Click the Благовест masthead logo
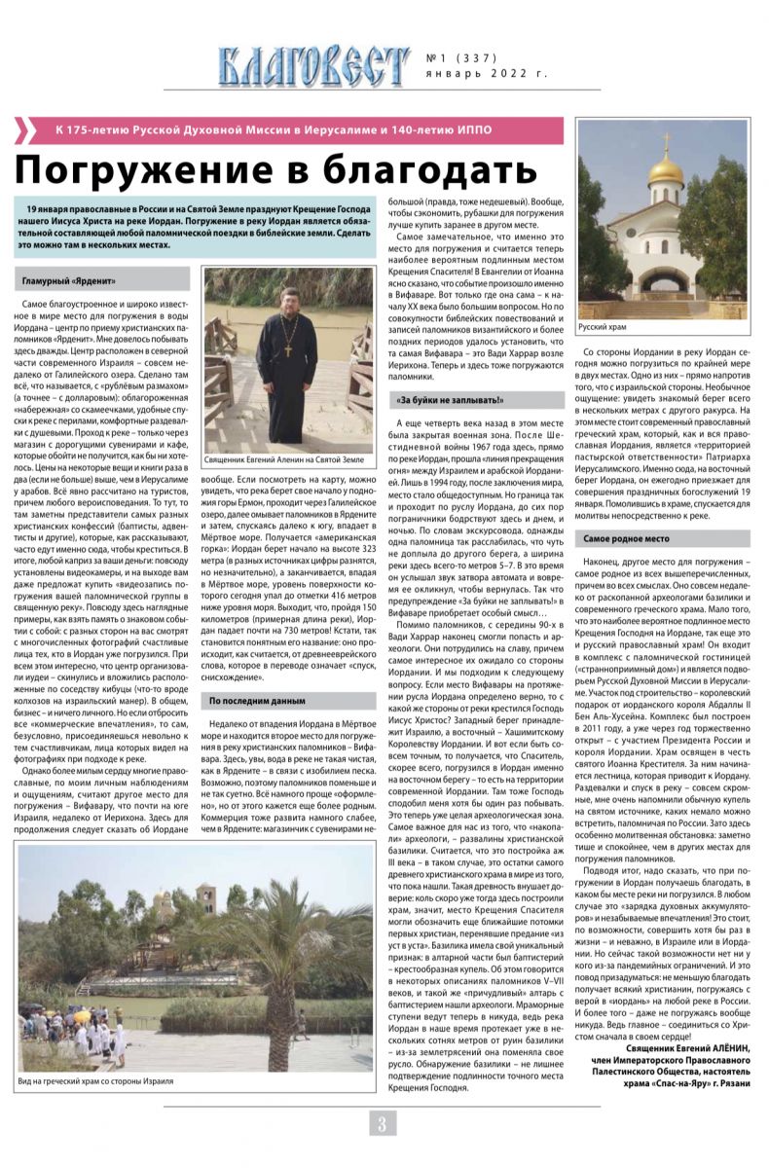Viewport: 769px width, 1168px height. click(x=312, y=65)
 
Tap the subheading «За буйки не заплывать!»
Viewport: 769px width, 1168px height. click(x=450, y=400)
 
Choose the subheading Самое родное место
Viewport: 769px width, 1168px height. click(x=627, y=537)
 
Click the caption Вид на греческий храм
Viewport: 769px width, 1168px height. click(x=95, y=1081)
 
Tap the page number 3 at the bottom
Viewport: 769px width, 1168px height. click(x=383, y=1123)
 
